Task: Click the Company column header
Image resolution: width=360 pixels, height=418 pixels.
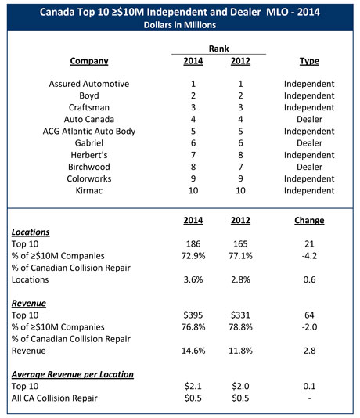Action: coord(89,61)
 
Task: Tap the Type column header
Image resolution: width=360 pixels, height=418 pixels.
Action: coord(310,61)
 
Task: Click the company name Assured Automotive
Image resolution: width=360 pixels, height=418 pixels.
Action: coord(89,84)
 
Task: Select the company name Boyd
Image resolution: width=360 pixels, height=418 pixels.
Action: coord(89,97)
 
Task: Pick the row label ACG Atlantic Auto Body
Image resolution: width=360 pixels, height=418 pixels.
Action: coord(89,137)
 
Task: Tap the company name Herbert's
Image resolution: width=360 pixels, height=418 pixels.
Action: coord(89,164)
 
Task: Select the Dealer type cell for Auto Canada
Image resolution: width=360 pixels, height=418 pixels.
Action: coord(310,124)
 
